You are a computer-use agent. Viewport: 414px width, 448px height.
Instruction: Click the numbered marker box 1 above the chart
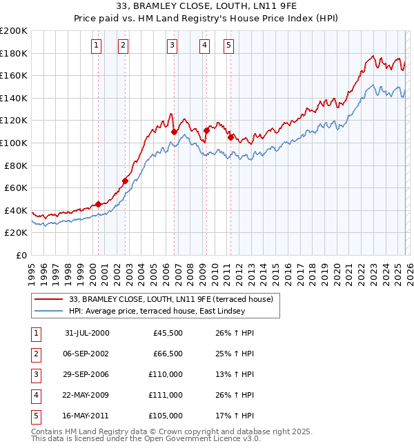pos(96,45)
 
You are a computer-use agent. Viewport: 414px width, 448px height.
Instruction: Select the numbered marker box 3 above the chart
pos(171,45)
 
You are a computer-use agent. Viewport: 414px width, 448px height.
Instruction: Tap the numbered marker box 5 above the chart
pos(228,45)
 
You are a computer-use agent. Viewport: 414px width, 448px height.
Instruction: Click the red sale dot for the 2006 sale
pos(175,132)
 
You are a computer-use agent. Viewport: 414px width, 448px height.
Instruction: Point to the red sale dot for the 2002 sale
pos(125,181)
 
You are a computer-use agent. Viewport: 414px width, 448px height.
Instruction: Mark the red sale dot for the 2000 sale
pos(99,204)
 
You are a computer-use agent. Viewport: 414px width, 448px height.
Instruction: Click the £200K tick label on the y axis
pos(14,31)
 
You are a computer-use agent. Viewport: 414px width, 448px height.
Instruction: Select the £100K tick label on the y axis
pos(14,143)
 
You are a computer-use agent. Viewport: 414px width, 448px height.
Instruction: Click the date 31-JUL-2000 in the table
pos(86,333)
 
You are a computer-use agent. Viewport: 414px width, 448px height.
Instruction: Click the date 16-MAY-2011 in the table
pos(86,416)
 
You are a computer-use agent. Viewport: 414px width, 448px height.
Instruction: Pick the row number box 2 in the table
pos(35,354)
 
